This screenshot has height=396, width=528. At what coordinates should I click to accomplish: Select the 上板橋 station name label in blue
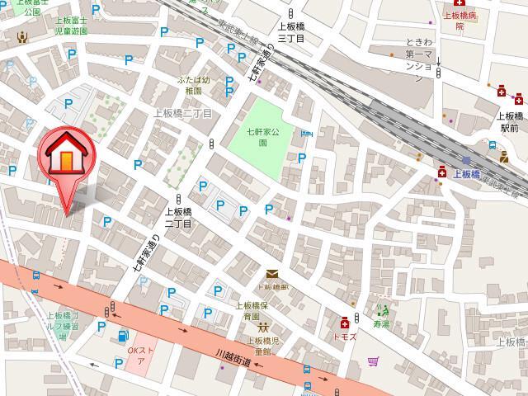point(465,174)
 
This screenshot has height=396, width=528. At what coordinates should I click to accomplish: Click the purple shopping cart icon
point(373,361)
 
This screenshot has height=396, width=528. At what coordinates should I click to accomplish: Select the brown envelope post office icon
point(272,275)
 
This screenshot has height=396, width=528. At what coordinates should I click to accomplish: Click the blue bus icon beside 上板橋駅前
point(493,146)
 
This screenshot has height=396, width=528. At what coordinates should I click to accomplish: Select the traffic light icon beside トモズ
point(356,317)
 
